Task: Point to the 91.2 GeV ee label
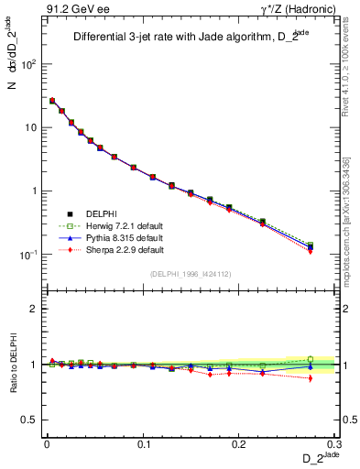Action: click(72, 9)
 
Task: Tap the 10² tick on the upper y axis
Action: click(29, 65)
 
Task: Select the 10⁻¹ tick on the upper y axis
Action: click(29, 255)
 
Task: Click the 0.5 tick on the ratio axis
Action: click(29, 420)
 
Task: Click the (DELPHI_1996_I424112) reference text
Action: click(191, 273)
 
